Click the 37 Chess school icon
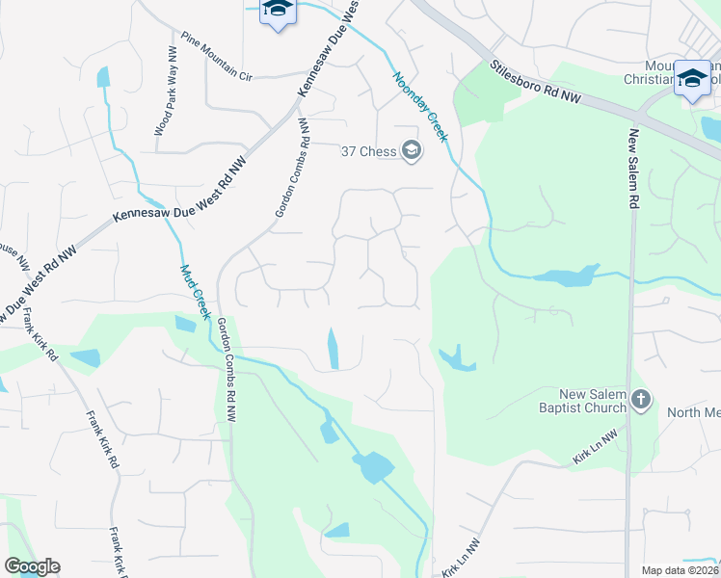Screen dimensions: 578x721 412,150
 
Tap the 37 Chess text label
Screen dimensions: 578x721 370,151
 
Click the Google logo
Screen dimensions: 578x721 32,566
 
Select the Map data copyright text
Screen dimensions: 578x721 681,570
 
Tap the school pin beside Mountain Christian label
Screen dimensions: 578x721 692,79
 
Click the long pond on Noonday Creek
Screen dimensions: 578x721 565,277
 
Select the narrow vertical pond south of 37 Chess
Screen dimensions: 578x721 334,348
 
